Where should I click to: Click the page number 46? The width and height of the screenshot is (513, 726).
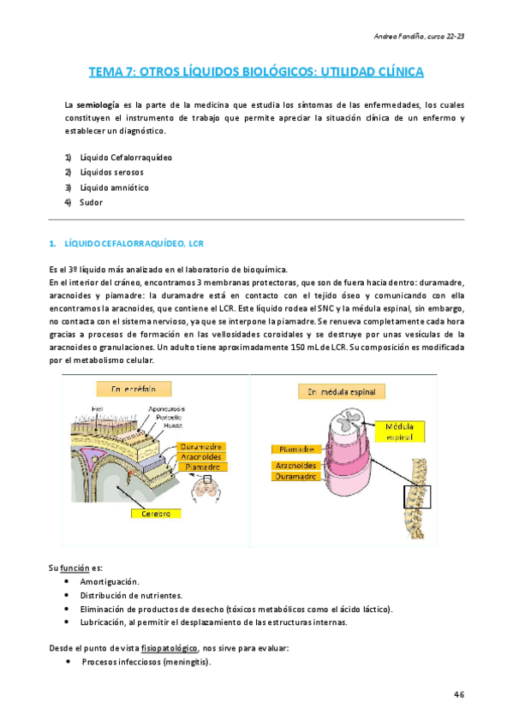458,694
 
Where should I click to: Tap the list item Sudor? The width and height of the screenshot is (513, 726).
91,202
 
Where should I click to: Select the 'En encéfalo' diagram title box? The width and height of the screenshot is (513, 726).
140,389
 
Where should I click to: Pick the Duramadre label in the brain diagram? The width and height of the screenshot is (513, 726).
202,446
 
